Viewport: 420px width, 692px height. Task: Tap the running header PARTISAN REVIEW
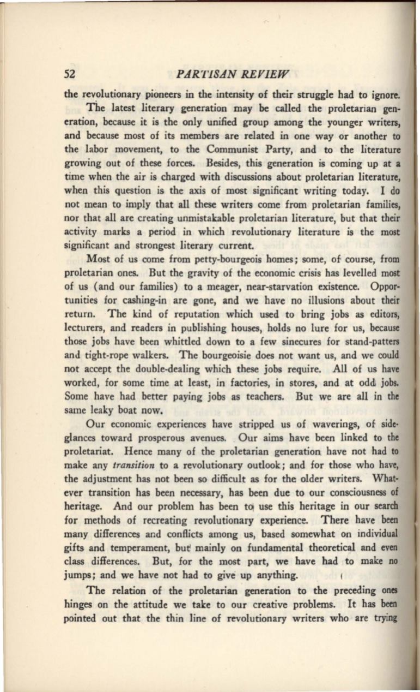(226, 73)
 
